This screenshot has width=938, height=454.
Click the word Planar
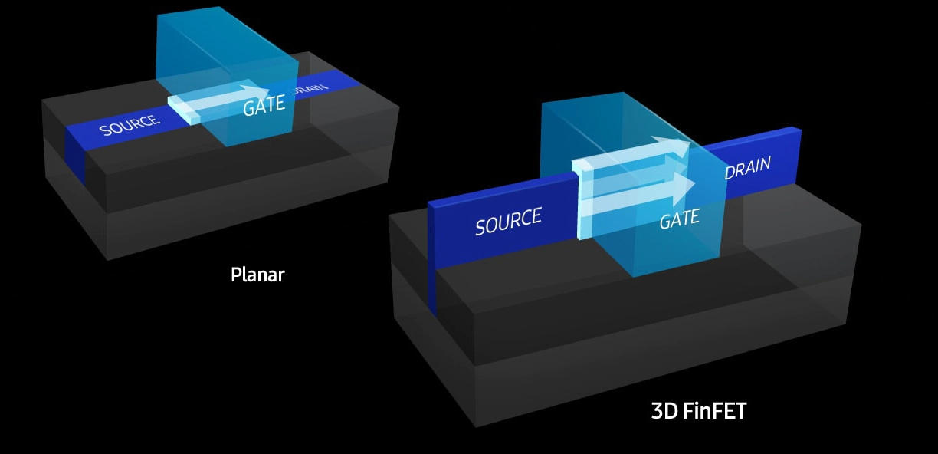point(257,274)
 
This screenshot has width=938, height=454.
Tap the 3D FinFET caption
point(698,411)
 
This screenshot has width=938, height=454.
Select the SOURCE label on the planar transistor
point(130,124)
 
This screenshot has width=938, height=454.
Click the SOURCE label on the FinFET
point(508,221)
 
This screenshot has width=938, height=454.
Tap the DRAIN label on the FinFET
point(747,167)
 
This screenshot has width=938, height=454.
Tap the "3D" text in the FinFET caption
point(662,411)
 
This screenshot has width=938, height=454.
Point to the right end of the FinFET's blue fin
point(798,157)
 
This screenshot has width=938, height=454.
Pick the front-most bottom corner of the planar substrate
point(107,259)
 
